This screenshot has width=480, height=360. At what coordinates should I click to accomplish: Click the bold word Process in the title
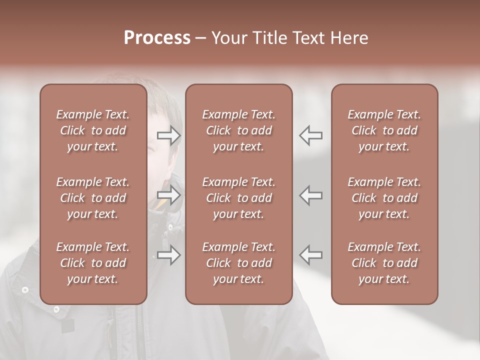[x=157, y=38]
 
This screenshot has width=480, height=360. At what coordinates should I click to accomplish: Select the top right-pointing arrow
[x=169, y=135]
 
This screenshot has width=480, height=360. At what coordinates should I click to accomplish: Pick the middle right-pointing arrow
[x=169, y=195]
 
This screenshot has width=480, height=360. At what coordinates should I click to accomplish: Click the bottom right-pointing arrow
[x=169, y=255]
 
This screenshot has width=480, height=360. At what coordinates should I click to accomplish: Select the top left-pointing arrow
[x=310, y=135]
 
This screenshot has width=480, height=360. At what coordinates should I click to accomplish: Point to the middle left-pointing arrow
[x=310, y=195]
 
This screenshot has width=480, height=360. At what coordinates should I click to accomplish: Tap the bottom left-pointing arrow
[x=310, y=255]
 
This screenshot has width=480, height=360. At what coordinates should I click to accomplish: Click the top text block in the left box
[x=93, y=130]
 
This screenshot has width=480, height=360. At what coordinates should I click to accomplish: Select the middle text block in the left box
[x=93, y=198]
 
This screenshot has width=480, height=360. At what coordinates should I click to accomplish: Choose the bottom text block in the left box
[x=93, y=263]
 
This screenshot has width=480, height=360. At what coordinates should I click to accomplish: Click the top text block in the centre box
[x=238, y=130]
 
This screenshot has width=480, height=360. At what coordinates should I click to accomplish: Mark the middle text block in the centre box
[x=238, y=198]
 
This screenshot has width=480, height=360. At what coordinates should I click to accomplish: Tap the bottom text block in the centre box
[x=238, y=263]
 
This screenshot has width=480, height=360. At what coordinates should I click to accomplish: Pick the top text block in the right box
[x=384, y=130]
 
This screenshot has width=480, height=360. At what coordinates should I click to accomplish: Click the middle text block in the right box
[x=384, y=198]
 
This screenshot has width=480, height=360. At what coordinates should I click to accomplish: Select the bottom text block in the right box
[x=384, y=263]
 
